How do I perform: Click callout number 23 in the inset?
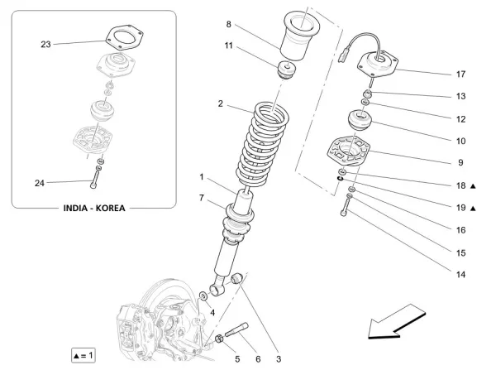coord(45,43)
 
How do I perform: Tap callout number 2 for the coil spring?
coord(221,104)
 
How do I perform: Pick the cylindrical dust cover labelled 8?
coord(306,37)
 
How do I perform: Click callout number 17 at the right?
coord(461,74)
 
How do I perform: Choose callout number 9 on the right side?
coord(461,163)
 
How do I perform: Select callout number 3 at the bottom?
coord(279,358)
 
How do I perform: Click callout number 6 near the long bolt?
coord(257,358)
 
